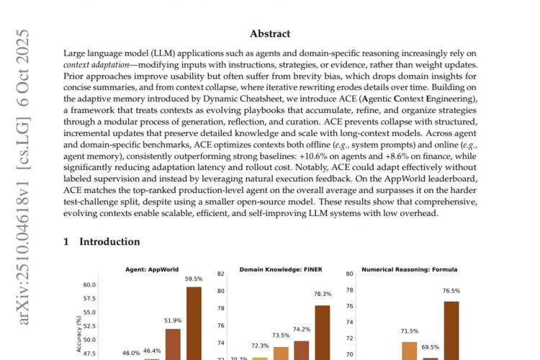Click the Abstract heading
tap(270, 33)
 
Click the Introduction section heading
tap(102, 242)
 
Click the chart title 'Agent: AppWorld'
tap(153, 270)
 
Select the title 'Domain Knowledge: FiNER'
tap(282, 270)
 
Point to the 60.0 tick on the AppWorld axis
tap(89, 285)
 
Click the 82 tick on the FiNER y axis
tap(222, 274)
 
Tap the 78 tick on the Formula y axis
tap(350, 290)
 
